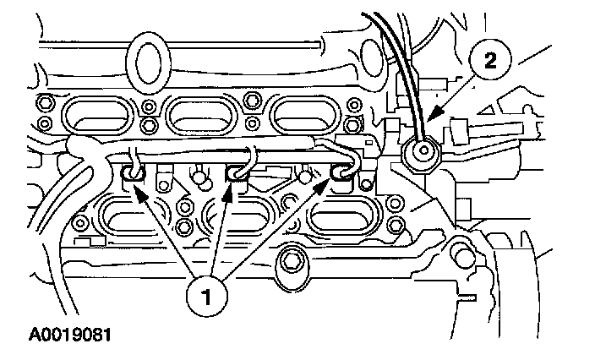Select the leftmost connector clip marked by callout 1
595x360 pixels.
coord(134,174)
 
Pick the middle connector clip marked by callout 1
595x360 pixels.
coord(236,174)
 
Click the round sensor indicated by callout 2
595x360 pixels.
coord(418,152)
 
